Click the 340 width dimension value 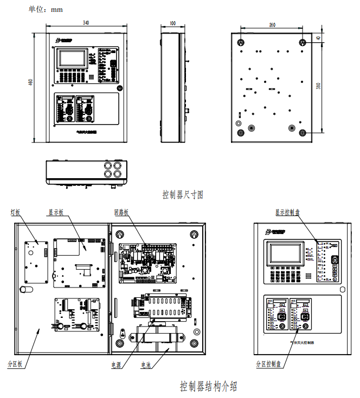click(86, 23)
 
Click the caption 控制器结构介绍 click(208, 386)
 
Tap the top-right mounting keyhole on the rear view click(303, 42)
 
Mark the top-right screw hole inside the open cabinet click(194, 234)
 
